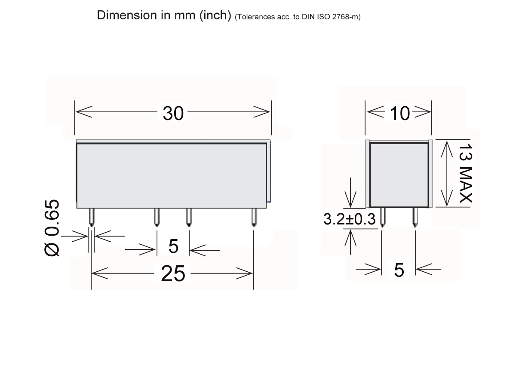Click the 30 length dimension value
coord(173,114)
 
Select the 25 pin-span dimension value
coord(173,273)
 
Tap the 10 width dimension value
coord(399,114)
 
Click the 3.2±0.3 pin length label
coord(349,220)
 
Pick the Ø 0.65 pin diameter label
coord(52,228)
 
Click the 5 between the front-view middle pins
coord(173,247)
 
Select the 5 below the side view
coord(399,270)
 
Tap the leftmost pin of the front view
coord(92,217)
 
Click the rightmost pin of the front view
coord(254,217)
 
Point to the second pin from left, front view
coord(157,217)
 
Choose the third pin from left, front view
coord(188,217)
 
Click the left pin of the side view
coord(382,217)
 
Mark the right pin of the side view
coord(415,217)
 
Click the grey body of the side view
coord(399,174)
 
